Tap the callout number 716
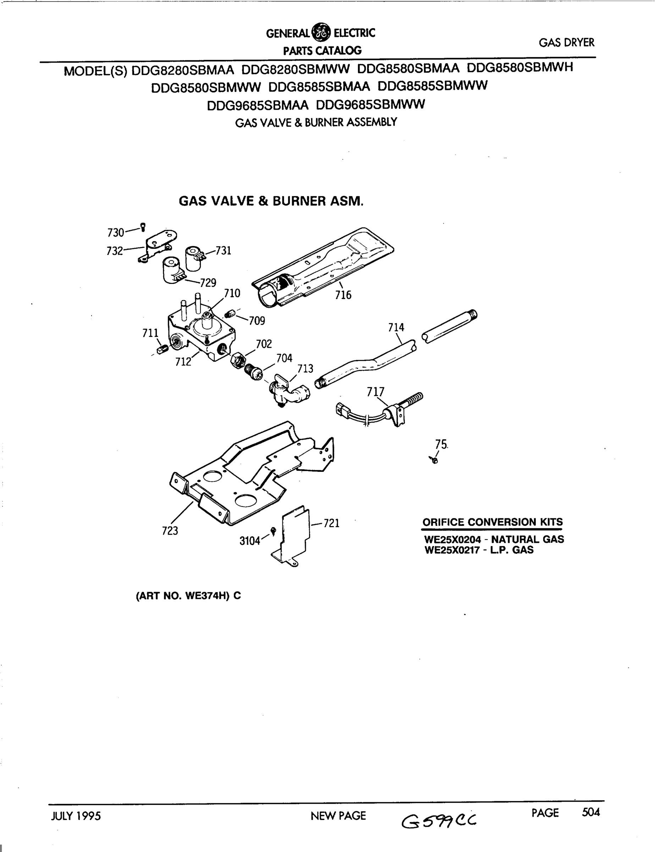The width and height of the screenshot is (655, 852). (x=343, y=295)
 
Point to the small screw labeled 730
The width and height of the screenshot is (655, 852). (x=143, y=226)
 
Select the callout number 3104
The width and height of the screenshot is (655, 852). (x=249, y=541)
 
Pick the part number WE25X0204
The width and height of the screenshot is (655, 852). (x=452, y=540)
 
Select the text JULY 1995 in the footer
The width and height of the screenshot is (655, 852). (x=76, y=815)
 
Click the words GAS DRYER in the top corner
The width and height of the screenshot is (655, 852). (x=567, y=43)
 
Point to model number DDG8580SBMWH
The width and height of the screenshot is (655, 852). (x=520, y=67)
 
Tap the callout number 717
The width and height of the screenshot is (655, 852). (x=375, y=391)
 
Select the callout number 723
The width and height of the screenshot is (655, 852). (x=170, y=531)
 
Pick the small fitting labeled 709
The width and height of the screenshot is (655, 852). (x=230, y=314)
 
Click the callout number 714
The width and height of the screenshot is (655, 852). (x=396, y=327)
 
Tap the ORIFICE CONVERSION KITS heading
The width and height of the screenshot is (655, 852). (x=492, y=522)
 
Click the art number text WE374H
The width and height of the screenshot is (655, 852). (x=207, y=596)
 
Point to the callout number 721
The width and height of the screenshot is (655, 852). (x=331, y=523)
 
